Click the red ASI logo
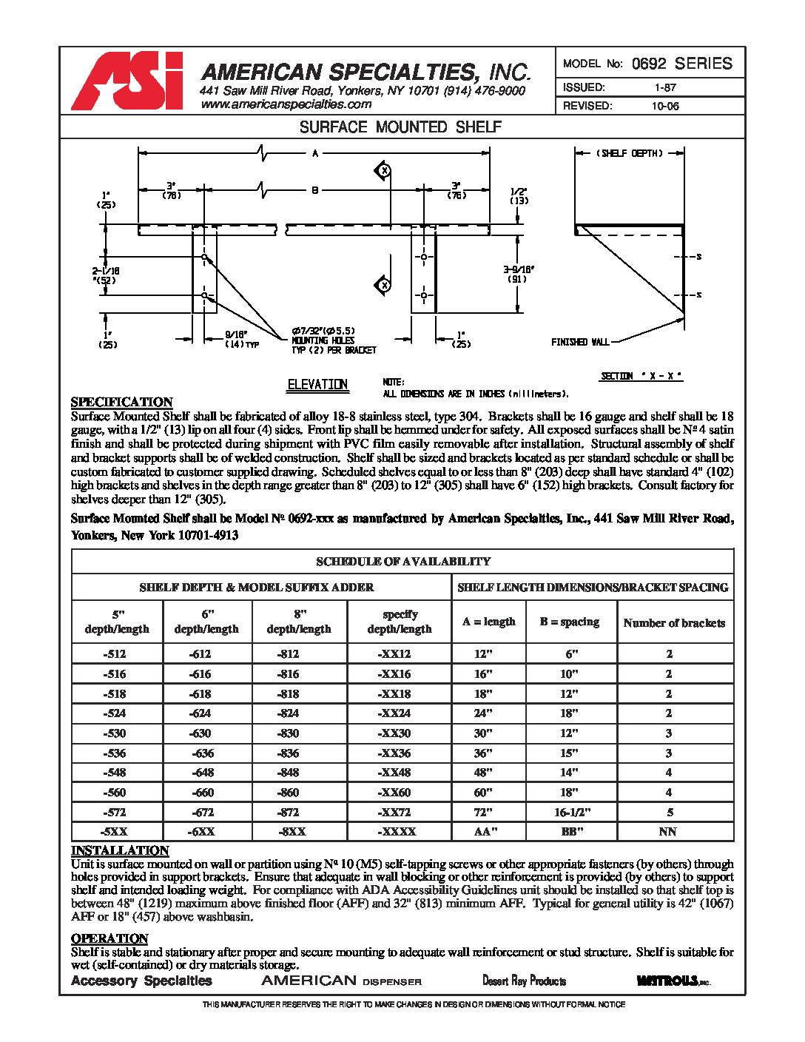(x=127, y=81)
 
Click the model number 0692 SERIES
(x=682, y=64)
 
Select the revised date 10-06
(x=665, y=106)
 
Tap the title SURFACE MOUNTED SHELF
(x=400, y=127)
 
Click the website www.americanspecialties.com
(x=286, y=105)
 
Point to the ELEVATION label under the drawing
(x=317, y=385)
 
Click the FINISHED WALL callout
(x=580, y=342)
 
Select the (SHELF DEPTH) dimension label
(x=630, y=153)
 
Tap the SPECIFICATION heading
(x=121, y=402)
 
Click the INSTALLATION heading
(x=120, y=851)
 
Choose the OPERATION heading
(x=110, y=939)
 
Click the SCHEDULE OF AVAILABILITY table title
(x=403, y=562)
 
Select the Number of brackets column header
(x=674, y=623)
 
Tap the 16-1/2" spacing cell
(x=572, y=812)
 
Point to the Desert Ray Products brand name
(x=524, y=981)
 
